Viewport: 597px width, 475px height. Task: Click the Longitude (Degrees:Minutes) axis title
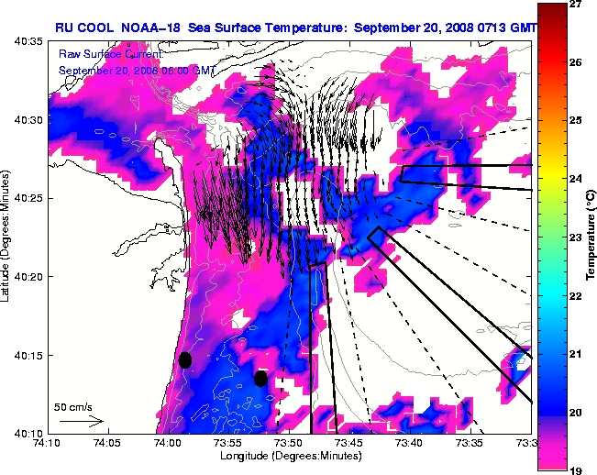[289, 455]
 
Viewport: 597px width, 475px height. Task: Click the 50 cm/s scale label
[72, 406]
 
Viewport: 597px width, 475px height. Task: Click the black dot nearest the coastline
[184, 359]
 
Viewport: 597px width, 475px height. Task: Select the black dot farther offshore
[261, 378]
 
